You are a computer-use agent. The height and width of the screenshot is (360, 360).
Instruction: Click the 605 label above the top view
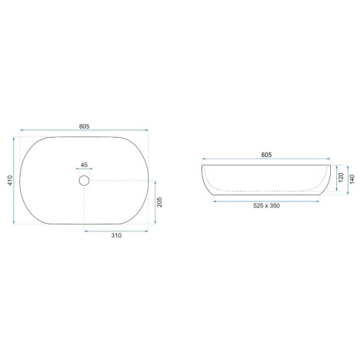click(x=84, y=126)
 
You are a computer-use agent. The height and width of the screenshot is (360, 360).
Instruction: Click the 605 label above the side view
click(x=267, y=155)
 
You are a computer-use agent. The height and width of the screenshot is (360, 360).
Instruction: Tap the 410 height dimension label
click(x=10, y=180)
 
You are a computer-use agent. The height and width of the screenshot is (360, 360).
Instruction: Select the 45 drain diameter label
click(x=84, y=165)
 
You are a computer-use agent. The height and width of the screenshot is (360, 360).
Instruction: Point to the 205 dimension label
click(x=159, y=202)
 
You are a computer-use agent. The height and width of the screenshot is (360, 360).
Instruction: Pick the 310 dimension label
click(x=116, y=235)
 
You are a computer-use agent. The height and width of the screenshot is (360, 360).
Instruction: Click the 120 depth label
click(x=342, y=178)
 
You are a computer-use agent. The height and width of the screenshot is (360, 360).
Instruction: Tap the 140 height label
click(x=352, y=179)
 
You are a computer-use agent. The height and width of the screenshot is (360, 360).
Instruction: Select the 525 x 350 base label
click(x=267, y=205)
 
